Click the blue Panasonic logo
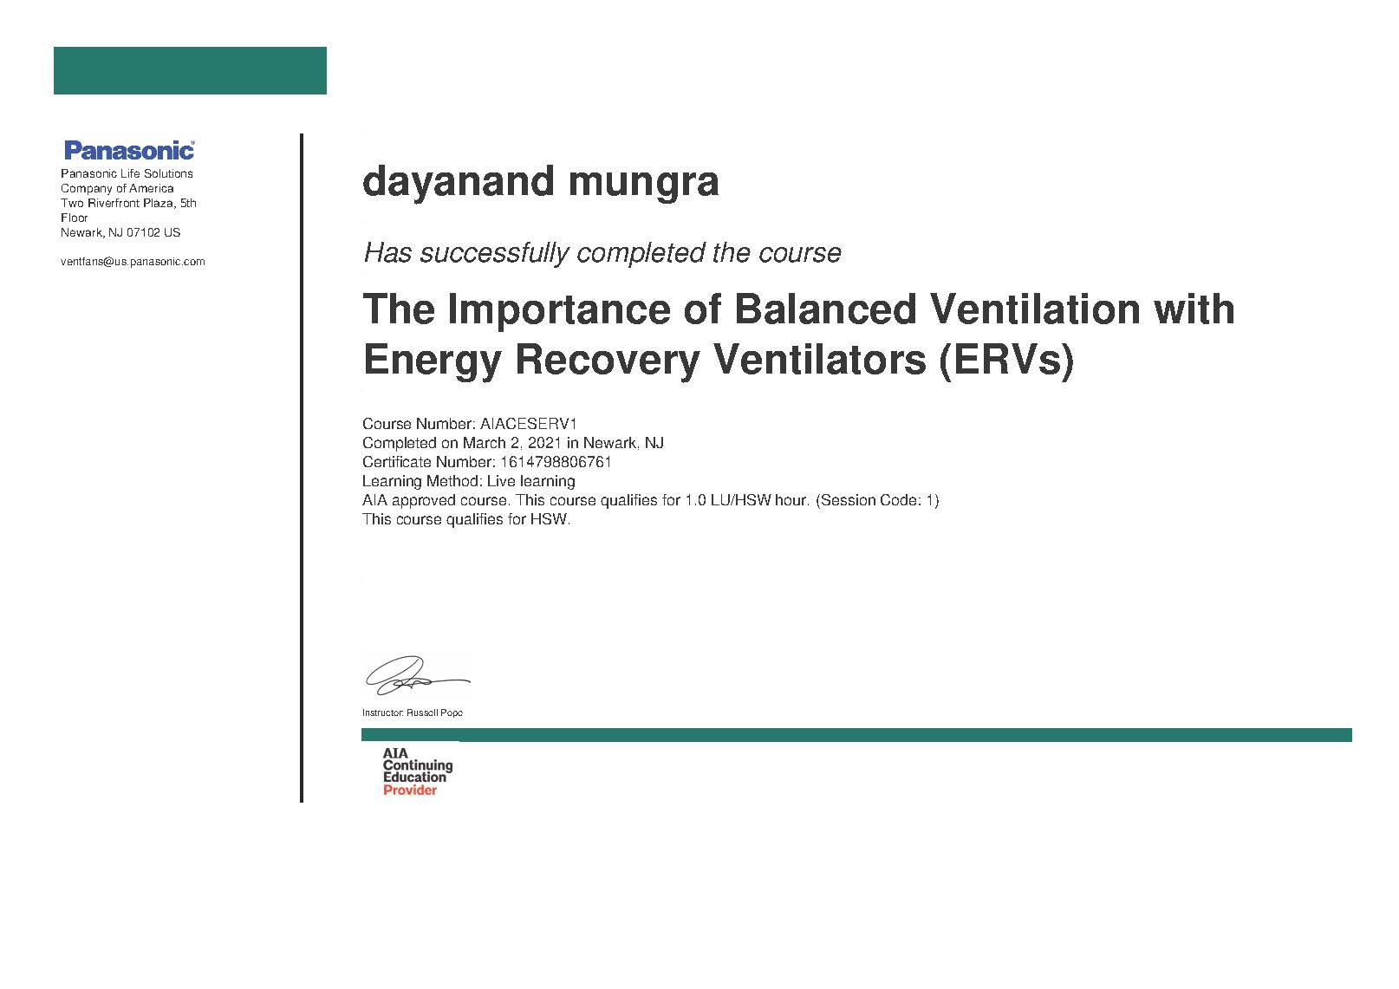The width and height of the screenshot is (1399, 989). pyautogui.click(x=129, y=151)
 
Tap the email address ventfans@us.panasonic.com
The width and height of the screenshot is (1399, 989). pyautogui.click(x=133, y=262)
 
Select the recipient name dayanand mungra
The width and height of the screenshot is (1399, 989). pyautogui.click(x=541, y=182)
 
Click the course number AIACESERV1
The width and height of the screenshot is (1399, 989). pyautogui.click(x=529, y=424)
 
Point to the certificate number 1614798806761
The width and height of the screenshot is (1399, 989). pyautogui.click(x=556, y=462)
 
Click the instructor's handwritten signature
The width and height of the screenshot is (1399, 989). pyautogui.click(x=417, y=675)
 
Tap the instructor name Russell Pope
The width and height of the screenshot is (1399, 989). pyautogui.click(x=434, y=712)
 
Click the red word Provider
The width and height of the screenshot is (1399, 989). pyautogui.click(x=410, y=790)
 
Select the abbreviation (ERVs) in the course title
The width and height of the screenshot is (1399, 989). pyautogui.click(x=1006, y=361)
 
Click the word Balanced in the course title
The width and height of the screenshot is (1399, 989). pyautogui.click(x=825, y=309)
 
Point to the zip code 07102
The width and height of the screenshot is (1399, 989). pyautogui.click(x=143, y=232)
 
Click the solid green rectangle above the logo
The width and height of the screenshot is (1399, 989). pyautogui.click(x=190, y=70)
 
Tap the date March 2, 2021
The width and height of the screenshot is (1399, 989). pyautogui.click(x=512, y=443)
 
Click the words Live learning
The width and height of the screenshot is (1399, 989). pyautogui.click(x=530, y=481)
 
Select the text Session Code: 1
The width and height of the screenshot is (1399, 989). pyautogui.click(x=877, y=500)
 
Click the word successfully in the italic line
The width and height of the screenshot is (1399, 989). pyautogui.click(x=494, y=254)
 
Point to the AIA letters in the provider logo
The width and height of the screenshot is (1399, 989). pyautogui.click(x=395, y=753)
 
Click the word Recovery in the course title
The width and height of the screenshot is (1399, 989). pyautogui.click(x=607, y=361)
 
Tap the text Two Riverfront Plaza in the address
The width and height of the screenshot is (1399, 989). pyautogui.click(x=117, y=203)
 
